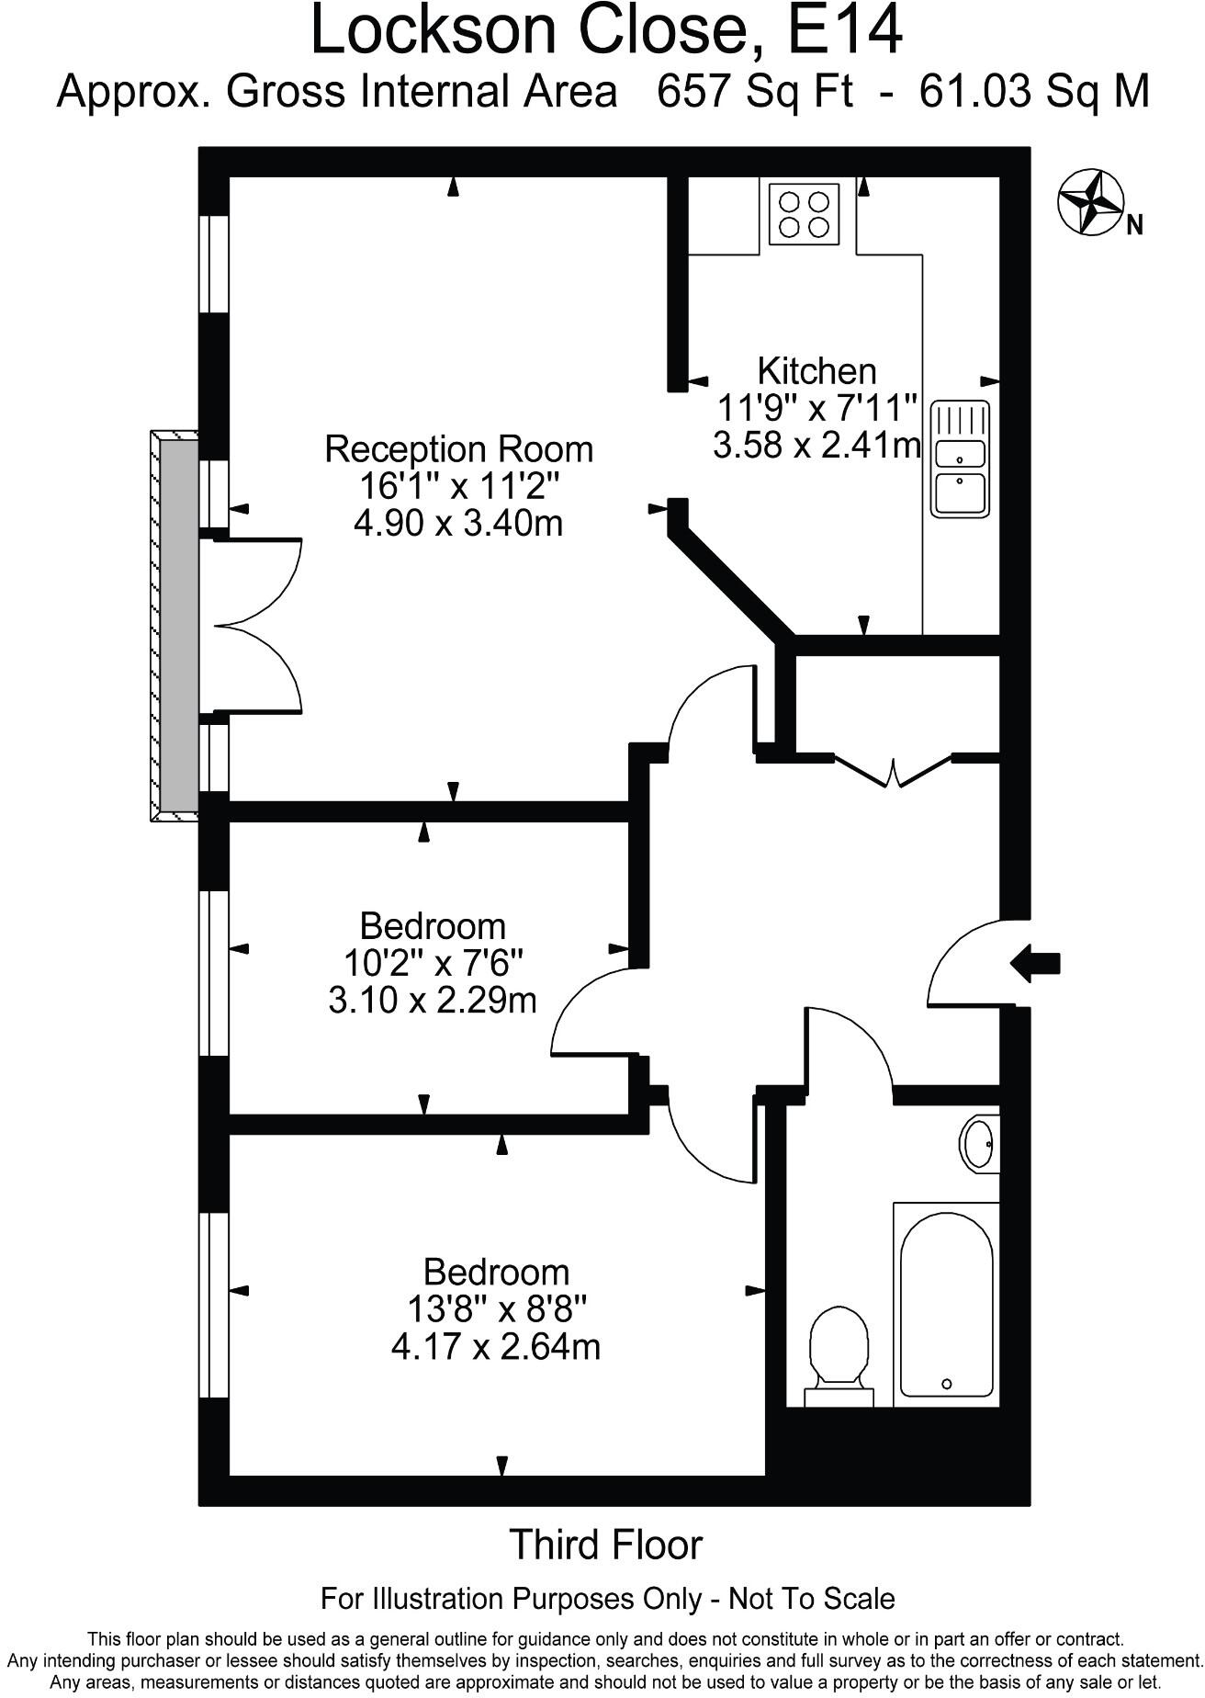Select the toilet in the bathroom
(839, 1356)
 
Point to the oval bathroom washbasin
(979, 1143)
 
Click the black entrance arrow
(1035, 964)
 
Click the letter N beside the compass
(1134, 225)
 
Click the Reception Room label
(459, 449)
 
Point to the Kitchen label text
(816, 371)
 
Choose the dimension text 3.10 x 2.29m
(432, 1000)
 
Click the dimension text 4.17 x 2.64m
(495, 1347)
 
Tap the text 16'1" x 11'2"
(458, 486)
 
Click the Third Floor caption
(605, 1545)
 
